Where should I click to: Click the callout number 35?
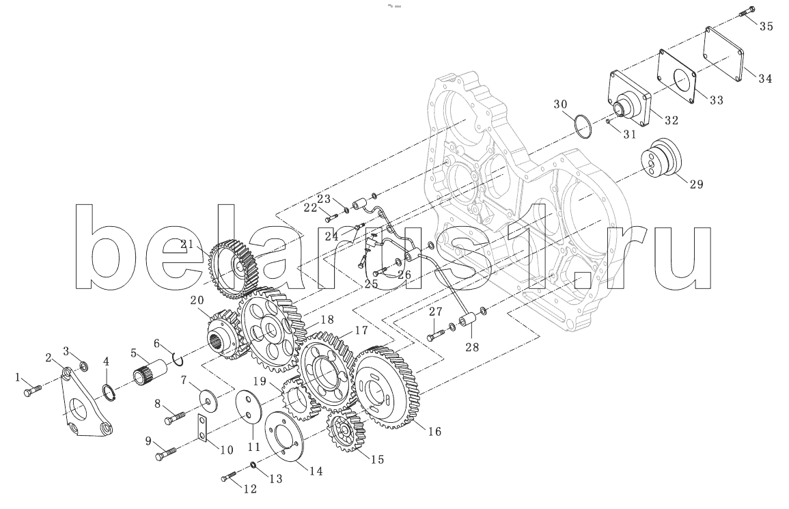tap(766, 26)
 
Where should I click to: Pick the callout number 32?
tap(672, 120)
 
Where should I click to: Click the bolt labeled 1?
tap(33, 390)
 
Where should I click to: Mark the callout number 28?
tap(472, 346)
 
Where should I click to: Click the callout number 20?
tap(197, 301)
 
